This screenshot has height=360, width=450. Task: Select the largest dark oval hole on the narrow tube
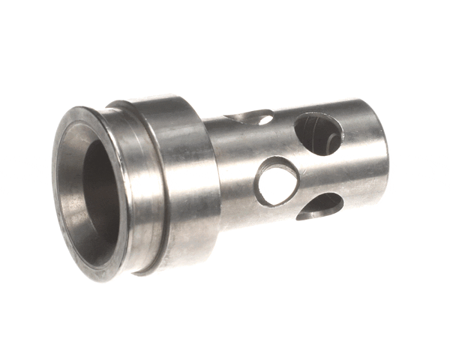319,133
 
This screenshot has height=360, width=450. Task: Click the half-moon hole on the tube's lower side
321,206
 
